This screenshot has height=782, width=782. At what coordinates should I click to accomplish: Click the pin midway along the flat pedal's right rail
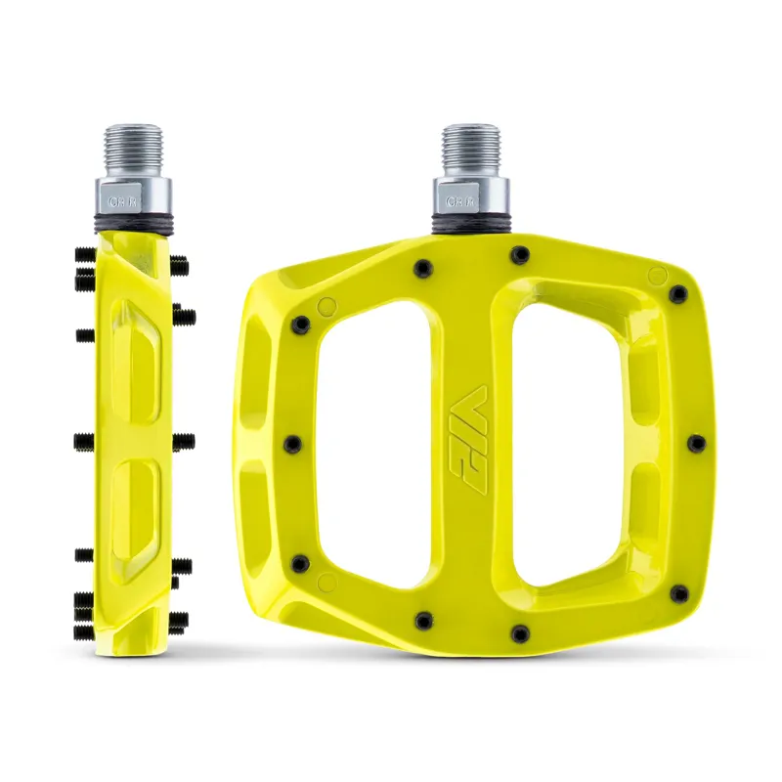click(x=695, y=444)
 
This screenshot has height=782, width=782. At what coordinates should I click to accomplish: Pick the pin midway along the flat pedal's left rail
click(x=290, y=444)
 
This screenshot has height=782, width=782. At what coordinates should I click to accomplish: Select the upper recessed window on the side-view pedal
click(x=135, y=360)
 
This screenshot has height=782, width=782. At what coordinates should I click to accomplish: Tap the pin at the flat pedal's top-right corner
click(x=676, y=292)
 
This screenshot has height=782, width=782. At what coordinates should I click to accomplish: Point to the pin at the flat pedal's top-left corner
click(x=302, y=323)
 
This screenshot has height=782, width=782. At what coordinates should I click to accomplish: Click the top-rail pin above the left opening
click(x=423, y=266)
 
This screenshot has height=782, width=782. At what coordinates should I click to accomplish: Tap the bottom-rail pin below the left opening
click(x=423, y=620)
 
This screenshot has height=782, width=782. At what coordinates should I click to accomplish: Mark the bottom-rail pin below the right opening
click(x=520, y=632)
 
